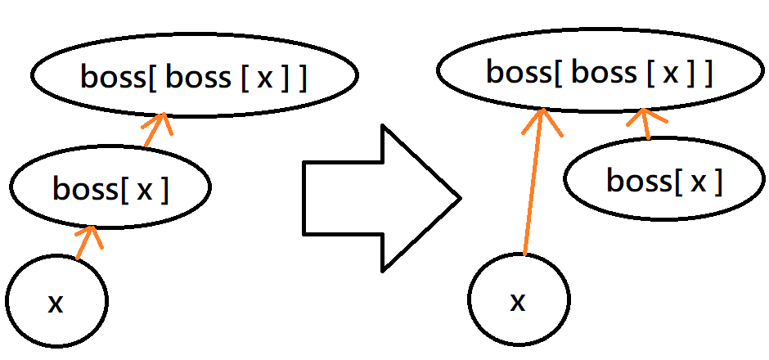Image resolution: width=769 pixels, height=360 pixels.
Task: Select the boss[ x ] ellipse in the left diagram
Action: click(x=110, y=188)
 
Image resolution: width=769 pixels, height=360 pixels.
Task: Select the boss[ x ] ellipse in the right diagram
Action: click(x=663, y=180)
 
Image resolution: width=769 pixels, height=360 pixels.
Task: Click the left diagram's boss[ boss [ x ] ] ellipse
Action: click(x=195, y=75)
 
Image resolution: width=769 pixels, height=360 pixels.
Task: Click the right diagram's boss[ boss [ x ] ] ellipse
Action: click(x=600, y=72)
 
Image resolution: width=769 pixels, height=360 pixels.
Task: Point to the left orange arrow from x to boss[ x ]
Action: click(x=86, y=243)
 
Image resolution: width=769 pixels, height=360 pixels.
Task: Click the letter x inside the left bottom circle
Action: click(x=56, y=304)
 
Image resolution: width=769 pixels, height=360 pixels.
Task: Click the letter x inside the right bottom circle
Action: click(x=518, y=303)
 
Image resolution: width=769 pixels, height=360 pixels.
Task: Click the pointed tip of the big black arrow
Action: click(x=459, y=197)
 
